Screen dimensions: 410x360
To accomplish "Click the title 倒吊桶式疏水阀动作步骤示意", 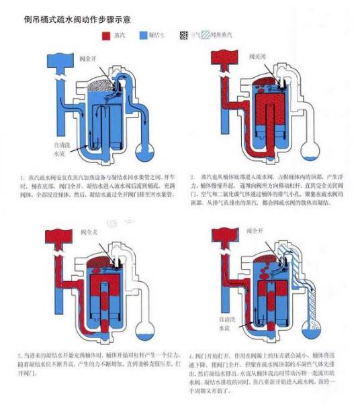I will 77,20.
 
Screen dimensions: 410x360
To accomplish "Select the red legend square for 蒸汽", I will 105,34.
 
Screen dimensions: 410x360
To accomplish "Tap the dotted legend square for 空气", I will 185,34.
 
